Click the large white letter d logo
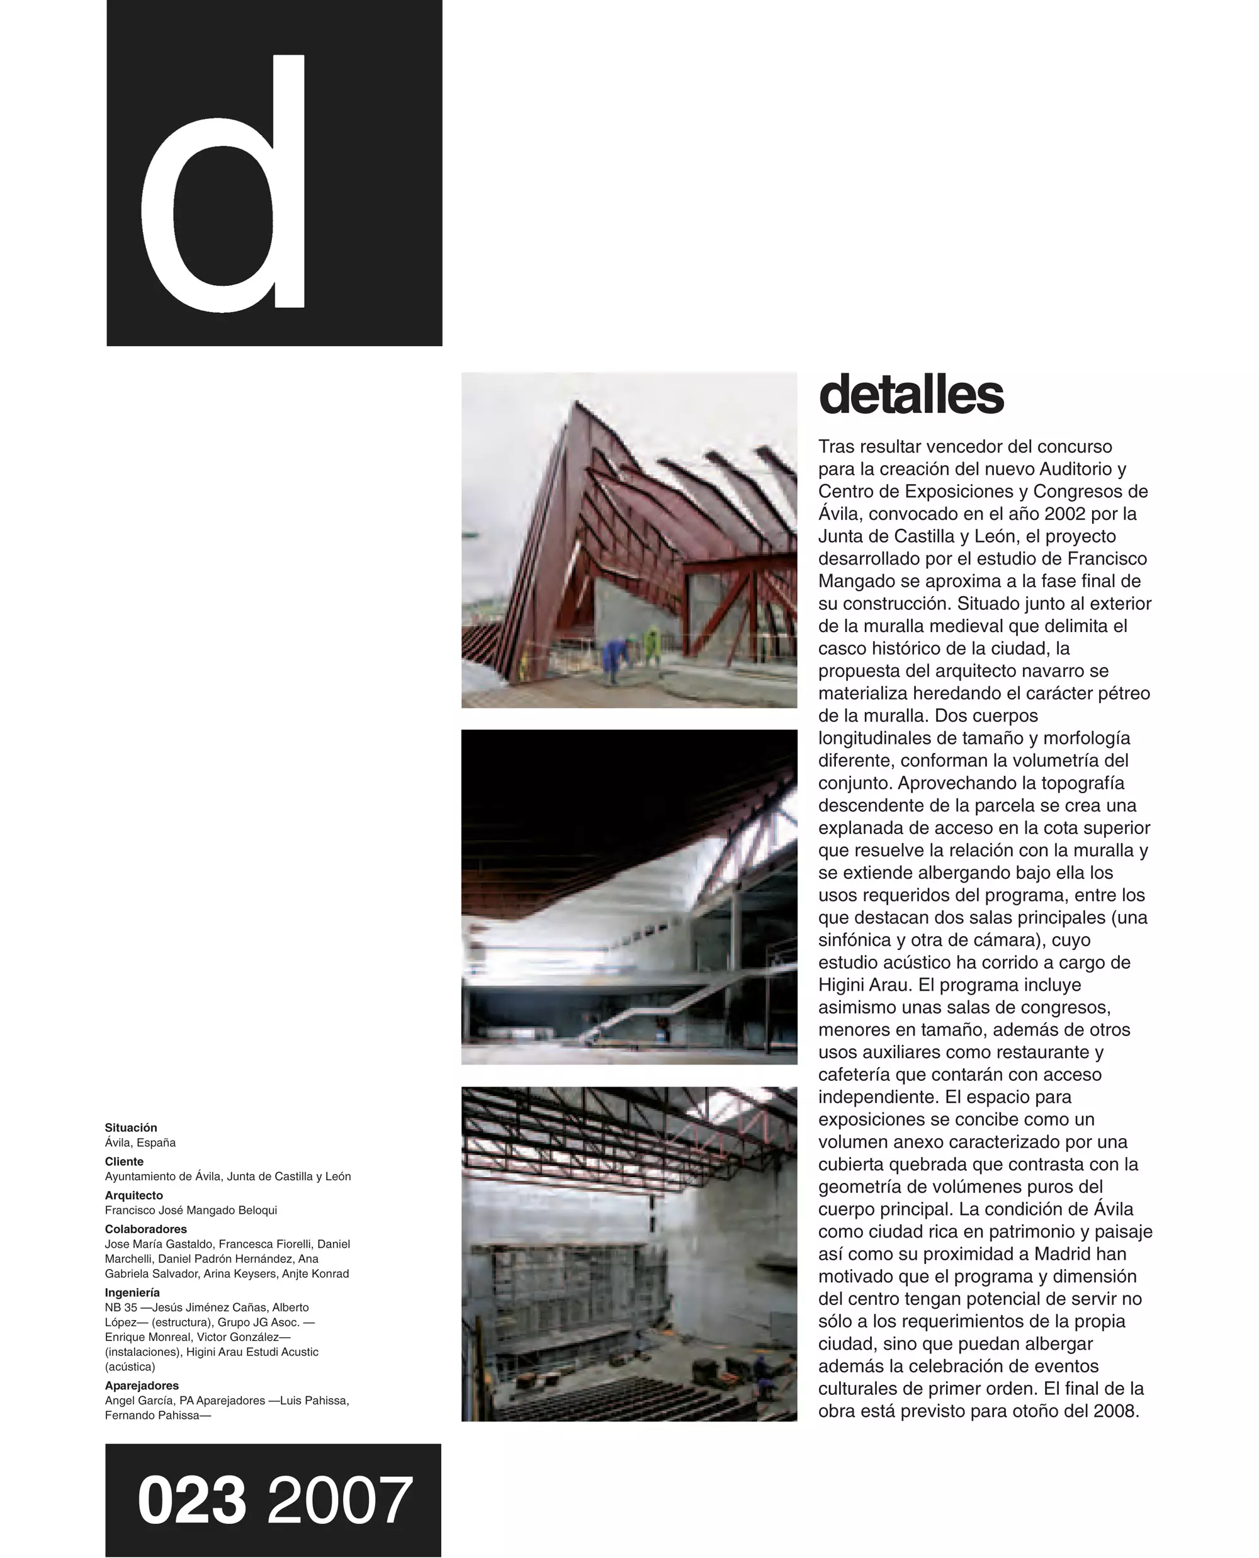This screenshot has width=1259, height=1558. [x=225, y=185]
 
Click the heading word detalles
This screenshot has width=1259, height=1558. [x=911, y=395]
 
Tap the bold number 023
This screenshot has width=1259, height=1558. [x=191, y=1500]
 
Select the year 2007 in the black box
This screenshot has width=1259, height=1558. [x=339, y=1500]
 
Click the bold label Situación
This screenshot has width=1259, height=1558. [x=130, y=1127]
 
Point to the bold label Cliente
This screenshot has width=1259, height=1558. [x=124, y=1161]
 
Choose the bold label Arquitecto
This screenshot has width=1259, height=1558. [x=133, y=1195]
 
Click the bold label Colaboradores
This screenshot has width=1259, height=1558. [x=146, y=1229]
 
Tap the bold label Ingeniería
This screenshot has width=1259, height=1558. [x=132, y=1292]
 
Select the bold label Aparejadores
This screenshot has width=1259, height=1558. [x=142, y=1386]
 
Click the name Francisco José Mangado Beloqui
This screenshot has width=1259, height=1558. [x=191, y=1210]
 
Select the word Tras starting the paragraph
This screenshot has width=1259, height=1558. [x=838, y=447]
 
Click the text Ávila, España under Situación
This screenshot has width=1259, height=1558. [x=140, y=1143]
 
